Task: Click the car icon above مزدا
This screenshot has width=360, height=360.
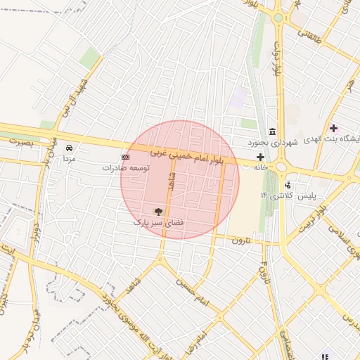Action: tap(69, 148)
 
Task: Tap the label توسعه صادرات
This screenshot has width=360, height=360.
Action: tap(126, 168)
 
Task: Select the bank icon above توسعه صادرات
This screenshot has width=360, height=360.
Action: tap(126, 157)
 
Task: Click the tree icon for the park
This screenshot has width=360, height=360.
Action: tap(158, 211)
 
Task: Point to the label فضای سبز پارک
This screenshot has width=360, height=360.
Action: tap(158, 221)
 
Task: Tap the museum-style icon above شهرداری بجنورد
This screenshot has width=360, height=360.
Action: tap(272, 133)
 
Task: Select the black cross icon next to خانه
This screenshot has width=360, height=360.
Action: tap(261, 157)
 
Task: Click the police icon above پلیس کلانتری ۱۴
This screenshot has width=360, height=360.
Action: tap(288, 185)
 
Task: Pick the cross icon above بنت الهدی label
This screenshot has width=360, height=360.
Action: tap(333, 128)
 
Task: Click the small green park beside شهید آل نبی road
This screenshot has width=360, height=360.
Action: tap(89, 59)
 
